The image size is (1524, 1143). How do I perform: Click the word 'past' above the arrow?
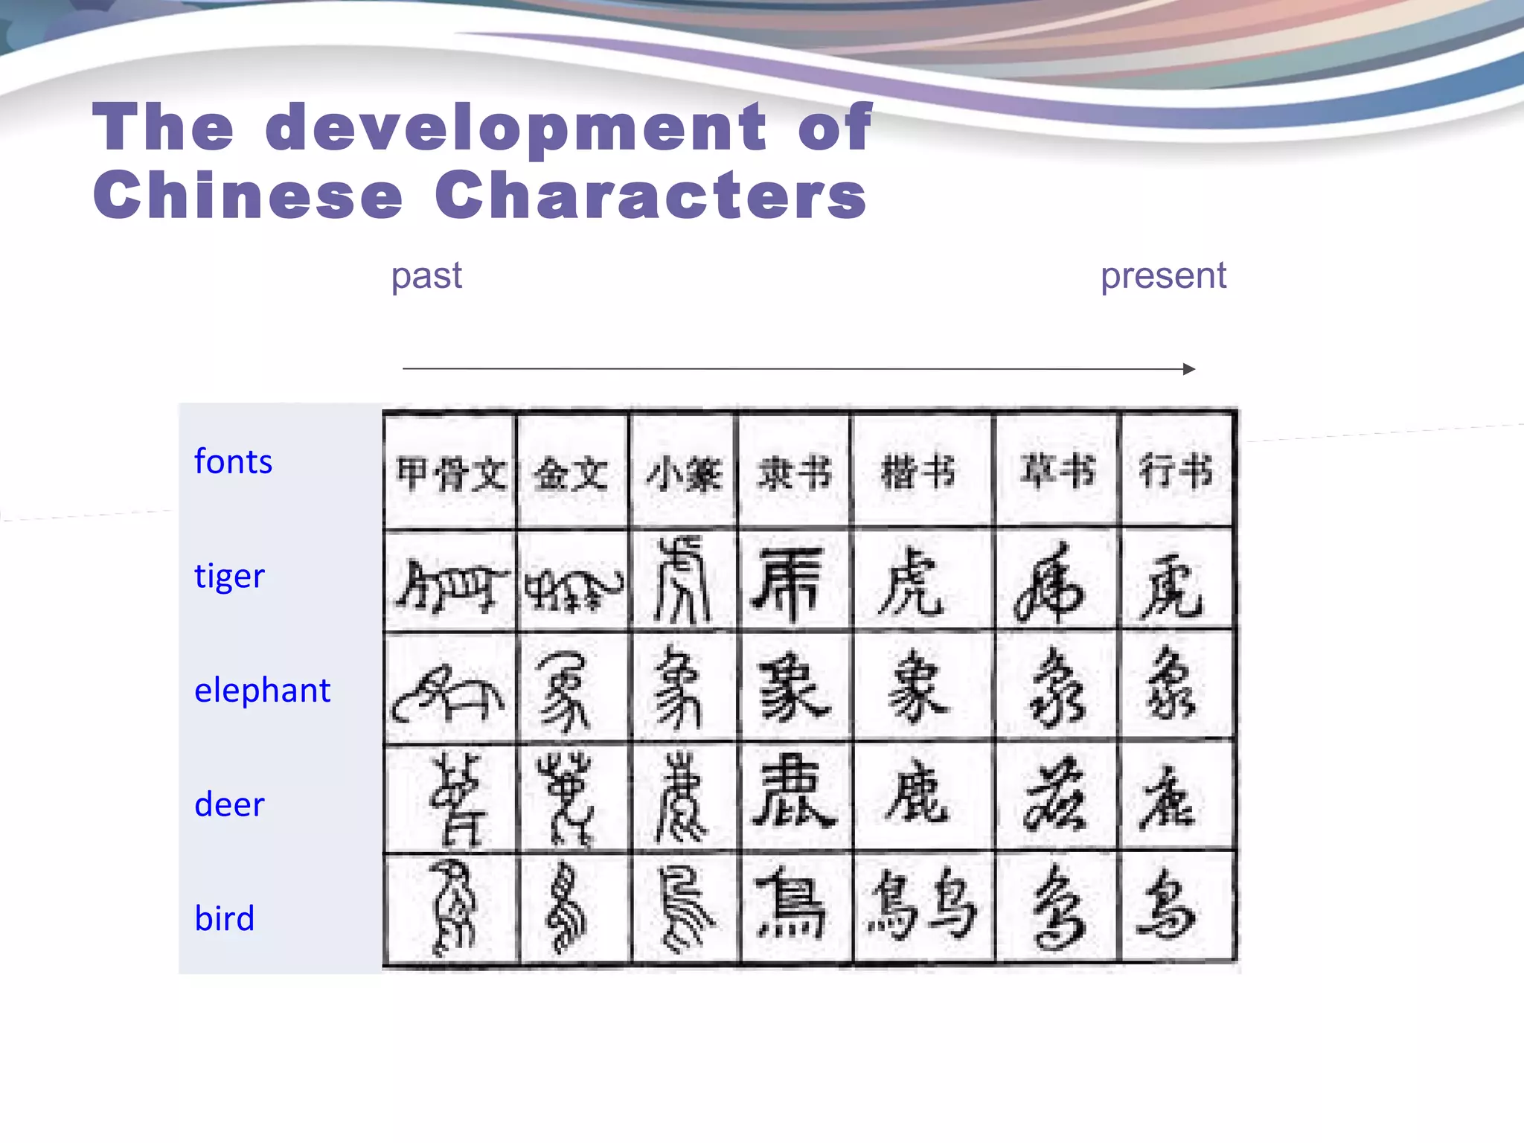(426, 277)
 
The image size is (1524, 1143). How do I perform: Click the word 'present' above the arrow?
(1163, 277)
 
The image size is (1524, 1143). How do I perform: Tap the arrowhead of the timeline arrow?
(1189, 369)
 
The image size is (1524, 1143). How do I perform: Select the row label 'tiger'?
(229, 577)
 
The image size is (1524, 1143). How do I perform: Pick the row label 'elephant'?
(262, 691)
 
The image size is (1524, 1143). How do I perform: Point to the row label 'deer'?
(229, 805)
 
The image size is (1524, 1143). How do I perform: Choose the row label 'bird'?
(224, 919)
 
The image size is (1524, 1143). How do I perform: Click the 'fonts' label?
(233, 462)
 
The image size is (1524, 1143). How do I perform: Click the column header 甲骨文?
(450, 473)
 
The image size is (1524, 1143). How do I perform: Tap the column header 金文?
(571, 473)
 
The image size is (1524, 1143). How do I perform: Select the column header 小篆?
(683, 473)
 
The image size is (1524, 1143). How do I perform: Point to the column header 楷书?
(918, 472)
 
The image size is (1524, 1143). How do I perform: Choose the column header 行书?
(1176, 472)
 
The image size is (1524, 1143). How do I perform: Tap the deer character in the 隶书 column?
(793, 792)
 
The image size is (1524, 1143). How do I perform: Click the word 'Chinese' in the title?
(248, 195)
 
